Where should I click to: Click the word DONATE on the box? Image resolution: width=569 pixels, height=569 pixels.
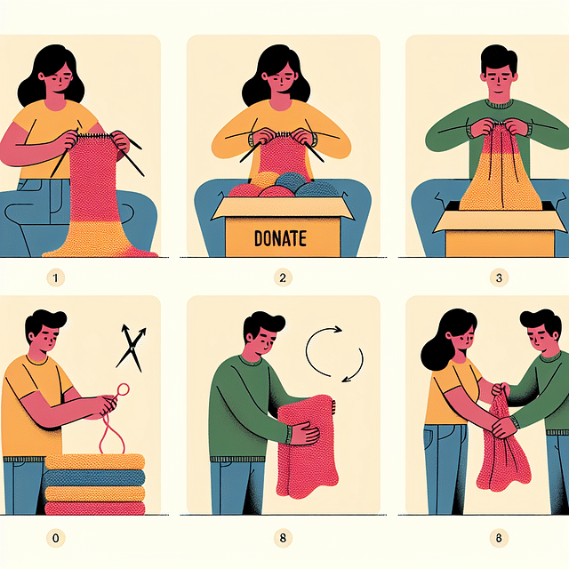280,238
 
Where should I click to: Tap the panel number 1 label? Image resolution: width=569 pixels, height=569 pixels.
55,278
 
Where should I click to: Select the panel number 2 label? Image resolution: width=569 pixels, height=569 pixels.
283,278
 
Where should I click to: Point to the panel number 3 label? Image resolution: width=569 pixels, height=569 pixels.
499,278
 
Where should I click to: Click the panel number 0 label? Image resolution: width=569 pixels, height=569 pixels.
55,537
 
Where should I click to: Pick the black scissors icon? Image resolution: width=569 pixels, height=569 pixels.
131,348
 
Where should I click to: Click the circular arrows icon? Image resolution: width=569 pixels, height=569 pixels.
334,354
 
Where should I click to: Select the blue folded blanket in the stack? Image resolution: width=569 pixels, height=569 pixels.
94,478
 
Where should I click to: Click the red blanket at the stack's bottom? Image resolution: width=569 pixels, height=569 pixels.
94,509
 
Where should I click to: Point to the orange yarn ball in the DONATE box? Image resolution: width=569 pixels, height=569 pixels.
265,180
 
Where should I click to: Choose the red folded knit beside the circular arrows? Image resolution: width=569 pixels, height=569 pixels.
307,446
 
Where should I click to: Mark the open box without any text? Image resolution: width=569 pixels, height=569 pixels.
500,228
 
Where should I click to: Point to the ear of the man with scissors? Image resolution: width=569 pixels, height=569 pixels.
32,337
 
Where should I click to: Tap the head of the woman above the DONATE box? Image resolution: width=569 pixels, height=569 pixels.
276,76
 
